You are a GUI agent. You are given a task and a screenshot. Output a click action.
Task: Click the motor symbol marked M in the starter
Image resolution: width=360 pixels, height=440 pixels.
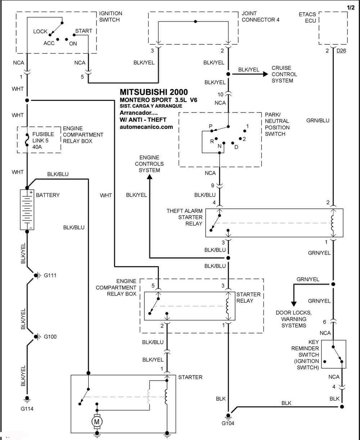(x=97, y=422)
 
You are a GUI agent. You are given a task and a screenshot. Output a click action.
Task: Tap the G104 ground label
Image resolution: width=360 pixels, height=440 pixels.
(x=228, y=423)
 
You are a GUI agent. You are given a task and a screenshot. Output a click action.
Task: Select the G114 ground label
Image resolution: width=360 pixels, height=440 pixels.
(x=27, y=409)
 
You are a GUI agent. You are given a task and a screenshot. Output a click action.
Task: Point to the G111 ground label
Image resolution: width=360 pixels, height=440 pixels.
(x=50, y=275)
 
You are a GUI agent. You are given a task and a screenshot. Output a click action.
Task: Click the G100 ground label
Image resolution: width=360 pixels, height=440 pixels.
(x=50, y=337)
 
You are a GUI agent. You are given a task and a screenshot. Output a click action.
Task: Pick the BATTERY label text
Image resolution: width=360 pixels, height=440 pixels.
(x=48, y=195)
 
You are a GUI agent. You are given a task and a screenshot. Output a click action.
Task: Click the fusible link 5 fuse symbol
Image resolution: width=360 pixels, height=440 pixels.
(x=27, y=139)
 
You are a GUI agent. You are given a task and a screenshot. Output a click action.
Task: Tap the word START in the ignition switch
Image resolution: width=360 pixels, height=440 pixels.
(x=84, y=31)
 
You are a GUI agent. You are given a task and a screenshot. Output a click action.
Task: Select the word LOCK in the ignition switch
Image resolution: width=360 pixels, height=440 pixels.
(x=40, y=31)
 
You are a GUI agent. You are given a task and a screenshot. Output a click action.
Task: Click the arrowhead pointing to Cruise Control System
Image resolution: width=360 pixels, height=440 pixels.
(x=266, y=74)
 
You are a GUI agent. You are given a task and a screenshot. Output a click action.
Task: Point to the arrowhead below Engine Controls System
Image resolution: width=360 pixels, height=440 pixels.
(x=149, y=177)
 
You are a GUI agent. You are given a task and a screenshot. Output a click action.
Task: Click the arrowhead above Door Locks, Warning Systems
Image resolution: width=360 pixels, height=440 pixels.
(x=294, y=304)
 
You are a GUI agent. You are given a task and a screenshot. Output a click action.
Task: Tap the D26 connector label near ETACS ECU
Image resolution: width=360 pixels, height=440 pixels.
(x=341, y=51)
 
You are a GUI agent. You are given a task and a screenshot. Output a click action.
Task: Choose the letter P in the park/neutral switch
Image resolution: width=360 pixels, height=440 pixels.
(x=211, y=126)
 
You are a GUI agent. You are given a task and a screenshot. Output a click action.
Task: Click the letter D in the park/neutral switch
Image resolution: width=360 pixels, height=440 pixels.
(x=236, y=147)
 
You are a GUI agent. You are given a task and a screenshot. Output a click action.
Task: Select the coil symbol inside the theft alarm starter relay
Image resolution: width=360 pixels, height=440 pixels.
(x=333, y=223)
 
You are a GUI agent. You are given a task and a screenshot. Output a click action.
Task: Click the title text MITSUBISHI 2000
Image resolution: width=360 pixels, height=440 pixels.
(x=154, y=92)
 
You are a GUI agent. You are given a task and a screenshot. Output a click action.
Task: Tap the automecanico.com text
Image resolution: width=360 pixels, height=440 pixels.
(x=146, y=127)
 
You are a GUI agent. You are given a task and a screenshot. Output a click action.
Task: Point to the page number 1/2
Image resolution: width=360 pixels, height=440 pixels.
(x=351, y=8)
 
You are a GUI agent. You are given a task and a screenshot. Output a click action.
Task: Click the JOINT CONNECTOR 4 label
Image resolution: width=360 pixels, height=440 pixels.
(x=260, y=17)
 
